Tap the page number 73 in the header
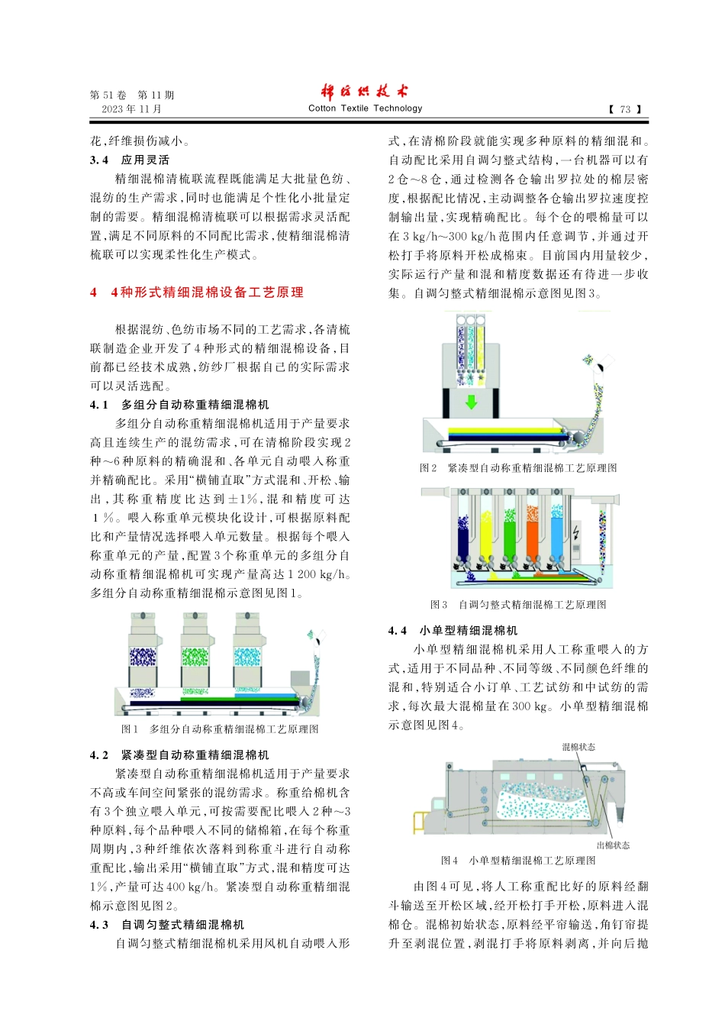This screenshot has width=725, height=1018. pos(625,109)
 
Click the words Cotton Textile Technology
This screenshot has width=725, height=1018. pos(365,108)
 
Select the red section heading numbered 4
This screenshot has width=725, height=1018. pos(197,292)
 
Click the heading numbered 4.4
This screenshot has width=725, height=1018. pos(453,630)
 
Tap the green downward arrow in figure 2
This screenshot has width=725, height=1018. pos(472,402)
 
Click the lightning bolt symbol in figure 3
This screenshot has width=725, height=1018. pos(575,532)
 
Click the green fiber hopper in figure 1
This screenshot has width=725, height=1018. pos(195,657)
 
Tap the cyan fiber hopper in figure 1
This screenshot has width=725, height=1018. pos(247,657)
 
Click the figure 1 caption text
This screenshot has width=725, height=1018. pos(220,729)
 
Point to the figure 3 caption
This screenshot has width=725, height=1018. pos(518,604)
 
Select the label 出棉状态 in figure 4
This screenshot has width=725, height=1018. pos(613,845)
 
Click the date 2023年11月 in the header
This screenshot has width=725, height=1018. pos(131,109)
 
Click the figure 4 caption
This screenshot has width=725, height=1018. pos(518,861)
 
